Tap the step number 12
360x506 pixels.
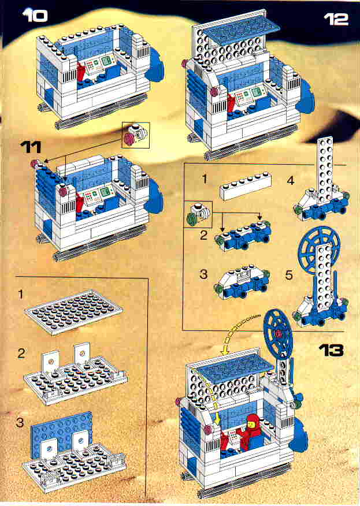point(336,18)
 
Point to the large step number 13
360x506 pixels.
point(330,349)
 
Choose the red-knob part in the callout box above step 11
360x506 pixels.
point(135,135)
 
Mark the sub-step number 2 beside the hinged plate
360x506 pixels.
point(21,352)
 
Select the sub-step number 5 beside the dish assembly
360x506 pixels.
point(280,275)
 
